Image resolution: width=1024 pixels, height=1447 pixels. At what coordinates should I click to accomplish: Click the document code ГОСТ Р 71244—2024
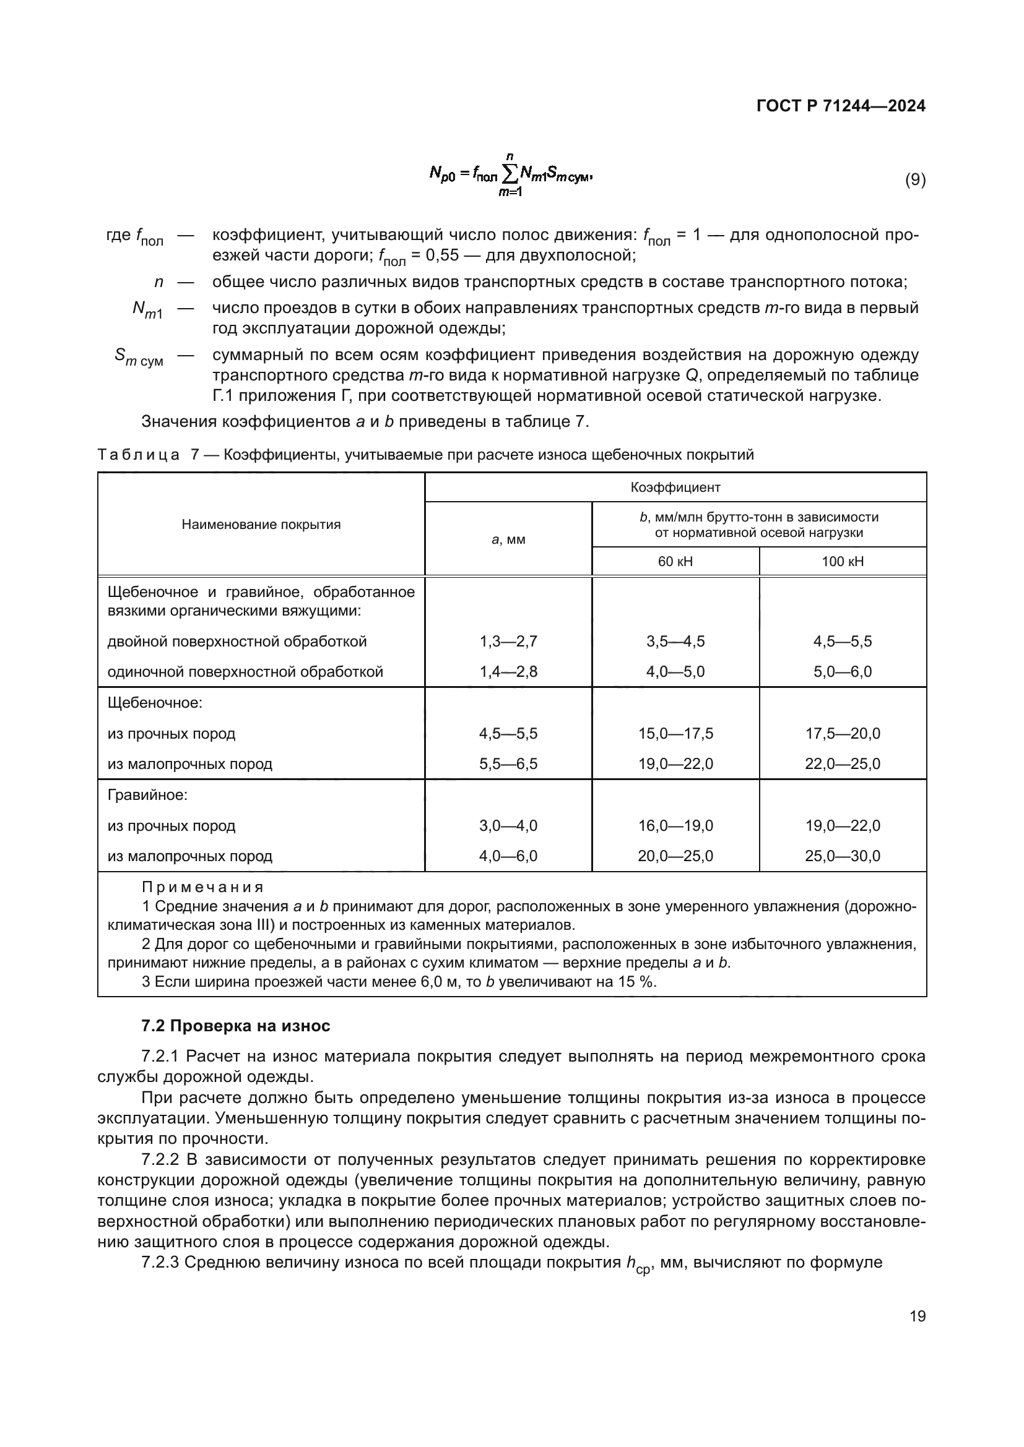[841, 106]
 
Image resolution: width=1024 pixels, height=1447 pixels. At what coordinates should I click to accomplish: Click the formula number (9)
[915, 179]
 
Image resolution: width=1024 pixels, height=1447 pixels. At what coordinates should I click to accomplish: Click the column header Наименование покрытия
[261, 525]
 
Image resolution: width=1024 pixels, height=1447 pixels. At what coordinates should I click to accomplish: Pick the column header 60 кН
[675, 561]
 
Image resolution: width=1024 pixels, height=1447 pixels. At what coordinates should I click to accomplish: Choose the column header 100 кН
[843, 561]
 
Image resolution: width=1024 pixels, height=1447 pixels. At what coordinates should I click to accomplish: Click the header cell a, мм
[508, 539]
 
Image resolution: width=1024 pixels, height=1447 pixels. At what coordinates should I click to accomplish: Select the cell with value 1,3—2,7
[508, 642]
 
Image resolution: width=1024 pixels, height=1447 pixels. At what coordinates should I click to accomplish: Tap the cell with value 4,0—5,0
[675, 672]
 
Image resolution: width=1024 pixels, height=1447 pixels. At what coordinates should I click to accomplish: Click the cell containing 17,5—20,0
[843, 734]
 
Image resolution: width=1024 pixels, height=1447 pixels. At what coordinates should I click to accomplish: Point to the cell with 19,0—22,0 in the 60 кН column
[675, 764]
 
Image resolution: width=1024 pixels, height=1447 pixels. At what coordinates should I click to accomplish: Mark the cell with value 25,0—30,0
[843, 856]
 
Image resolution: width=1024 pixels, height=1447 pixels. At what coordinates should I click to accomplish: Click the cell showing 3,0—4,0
[508, 826]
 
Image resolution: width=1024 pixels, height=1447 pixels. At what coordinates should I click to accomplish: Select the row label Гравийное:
[147, 796]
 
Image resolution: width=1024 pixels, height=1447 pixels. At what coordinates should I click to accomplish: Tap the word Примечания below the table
[202, 887]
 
